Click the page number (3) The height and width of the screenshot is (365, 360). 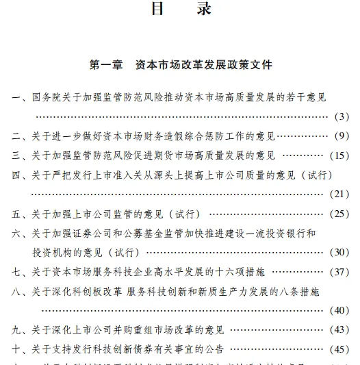click(x=343, y=116)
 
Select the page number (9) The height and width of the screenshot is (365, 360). click(x=343, y=136)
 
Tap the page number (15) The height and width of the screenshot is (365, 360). click(x=340, y=155)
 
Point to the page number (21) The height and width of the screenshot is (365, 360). click(x=340, y=194)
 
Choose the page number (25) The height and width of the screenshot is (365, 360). click(x=340, y=214)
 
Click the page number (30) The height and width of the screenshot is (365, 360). click(x=340, y=252)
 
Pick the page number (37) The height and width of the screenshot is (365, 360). click(x=340, y=272)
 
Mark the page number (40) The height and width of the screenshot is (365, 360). click(x=340, y=310)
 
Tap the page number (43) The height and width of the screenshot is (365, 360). click(x=340, y=330)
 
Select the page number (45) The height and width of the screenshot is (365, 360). click(x=340, y=349)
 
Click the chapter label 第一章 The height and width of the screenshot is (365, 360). click(x=106, y=66)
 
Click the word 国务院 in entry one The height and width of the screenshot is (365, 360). click(x=47, y=97)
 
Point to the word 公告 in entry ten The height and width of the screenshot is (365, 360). click(x=217, y=349)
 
